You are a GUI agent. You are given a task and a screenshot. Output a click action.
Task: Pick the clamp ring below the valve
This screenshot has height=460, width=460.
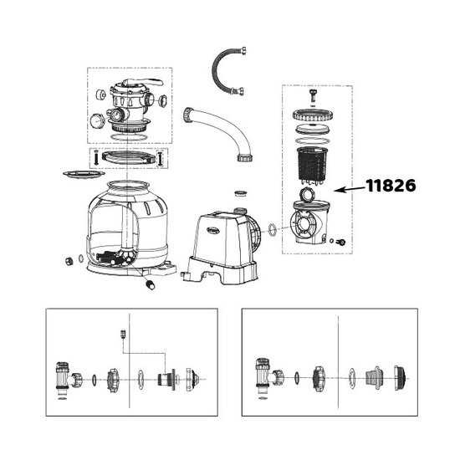click(125, 156)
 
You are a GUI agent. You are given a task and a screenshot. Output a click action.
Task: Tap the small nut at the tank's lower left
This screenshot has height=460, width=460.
click(65, 259)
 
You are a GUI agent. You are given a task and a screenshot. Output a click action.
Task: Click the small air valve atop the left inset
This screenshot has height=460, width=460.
click(123, 332)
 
